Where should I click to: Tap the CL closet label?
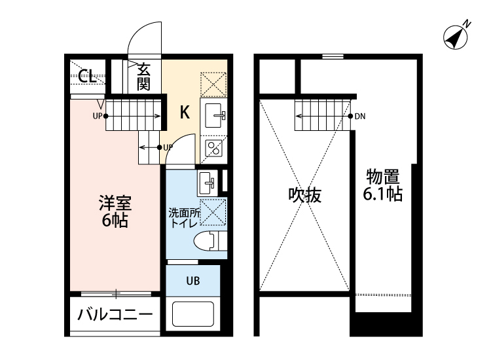[85, 75]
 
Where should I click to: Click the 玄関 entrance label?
[144, 75]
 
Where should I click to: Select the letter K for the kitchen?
[185, 113]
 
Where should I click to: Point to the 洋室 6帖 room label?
[115, 211]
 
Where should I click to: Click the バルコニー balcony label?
[115, 315]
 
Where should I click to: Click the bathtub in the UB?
[194, 314]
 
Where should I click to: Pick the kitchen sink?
[214, 117]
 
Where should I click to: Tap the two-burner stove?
[214, 149]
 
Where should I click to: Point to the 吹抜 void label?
[305, 195]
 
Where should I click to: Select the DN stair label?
[360, 117]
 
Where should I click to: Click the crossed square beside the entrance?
[213, 83]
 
